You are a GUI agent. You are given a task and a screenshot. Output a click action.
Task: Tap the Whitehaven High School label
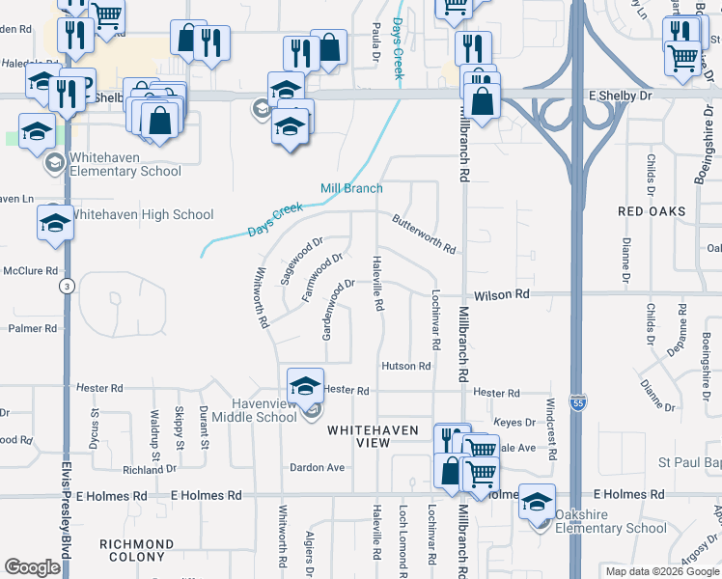click(142, 214)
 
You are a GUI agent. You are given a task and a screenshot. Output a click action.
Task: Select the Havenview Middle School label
click(250, 410)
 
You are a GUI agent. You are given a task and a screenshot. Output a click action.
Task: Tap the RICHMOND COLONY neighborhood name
click(137, 550)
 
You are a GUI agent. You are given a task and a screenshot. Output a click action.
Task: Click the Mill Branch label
click(352, 188)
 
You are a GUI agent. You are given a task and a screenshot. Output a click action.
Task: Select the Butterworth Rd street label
click(424, 234)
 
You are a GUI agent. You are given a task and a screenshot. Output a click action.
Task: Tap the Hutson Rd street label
click(405, 367)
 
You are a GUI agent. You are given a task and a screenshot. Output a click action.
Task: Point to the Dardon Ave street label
click(318, 467)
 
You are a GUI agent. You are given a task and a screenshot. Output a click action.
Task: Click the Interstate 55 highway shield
click(577, 400)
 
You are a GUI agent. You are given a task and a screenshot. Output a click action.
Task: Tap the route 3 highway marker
click(67, 287)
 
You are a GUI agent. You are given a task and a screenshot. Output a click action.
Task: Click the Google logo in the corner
click(32, 567)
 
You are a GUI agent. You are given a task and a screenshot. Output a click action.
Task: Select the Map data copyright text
click(661, 571)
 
